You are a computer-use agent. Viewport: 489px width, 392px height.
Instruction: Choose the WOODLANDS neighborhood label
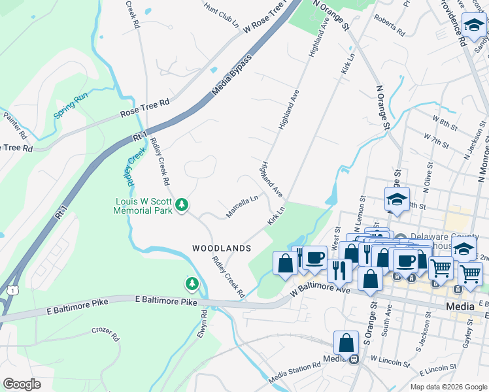222,249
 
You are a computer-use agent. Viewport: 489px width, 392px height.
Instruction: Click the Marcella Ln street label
242,206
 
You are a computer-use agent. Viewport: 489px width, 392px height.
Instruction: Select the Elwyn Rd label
202,323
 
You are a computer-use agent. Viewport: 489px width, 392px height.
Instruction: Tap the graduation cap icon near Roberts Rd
474,25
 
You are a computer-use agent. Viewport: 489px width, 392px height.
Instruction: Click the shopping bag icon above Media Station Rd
346,343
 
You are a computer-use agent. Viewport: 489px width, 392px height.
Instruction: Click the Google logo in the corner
22,384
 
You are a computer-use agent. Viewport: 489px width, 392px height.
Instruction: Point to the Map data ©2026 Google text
448,387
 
